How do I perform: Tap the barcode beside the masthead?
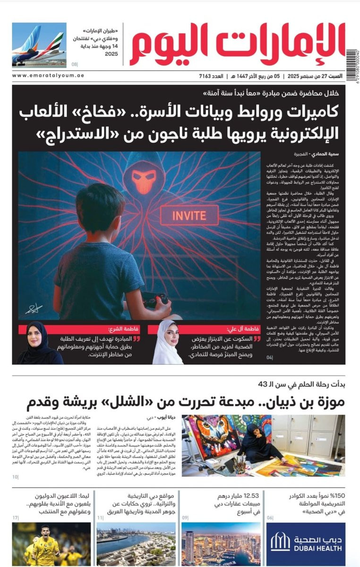coord(351,59)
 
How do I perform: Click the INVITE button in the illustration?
coord(182,216)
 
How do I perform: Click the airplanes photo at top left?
coord(39,45)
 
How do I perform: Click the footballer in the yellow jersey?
coord(45,546)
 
